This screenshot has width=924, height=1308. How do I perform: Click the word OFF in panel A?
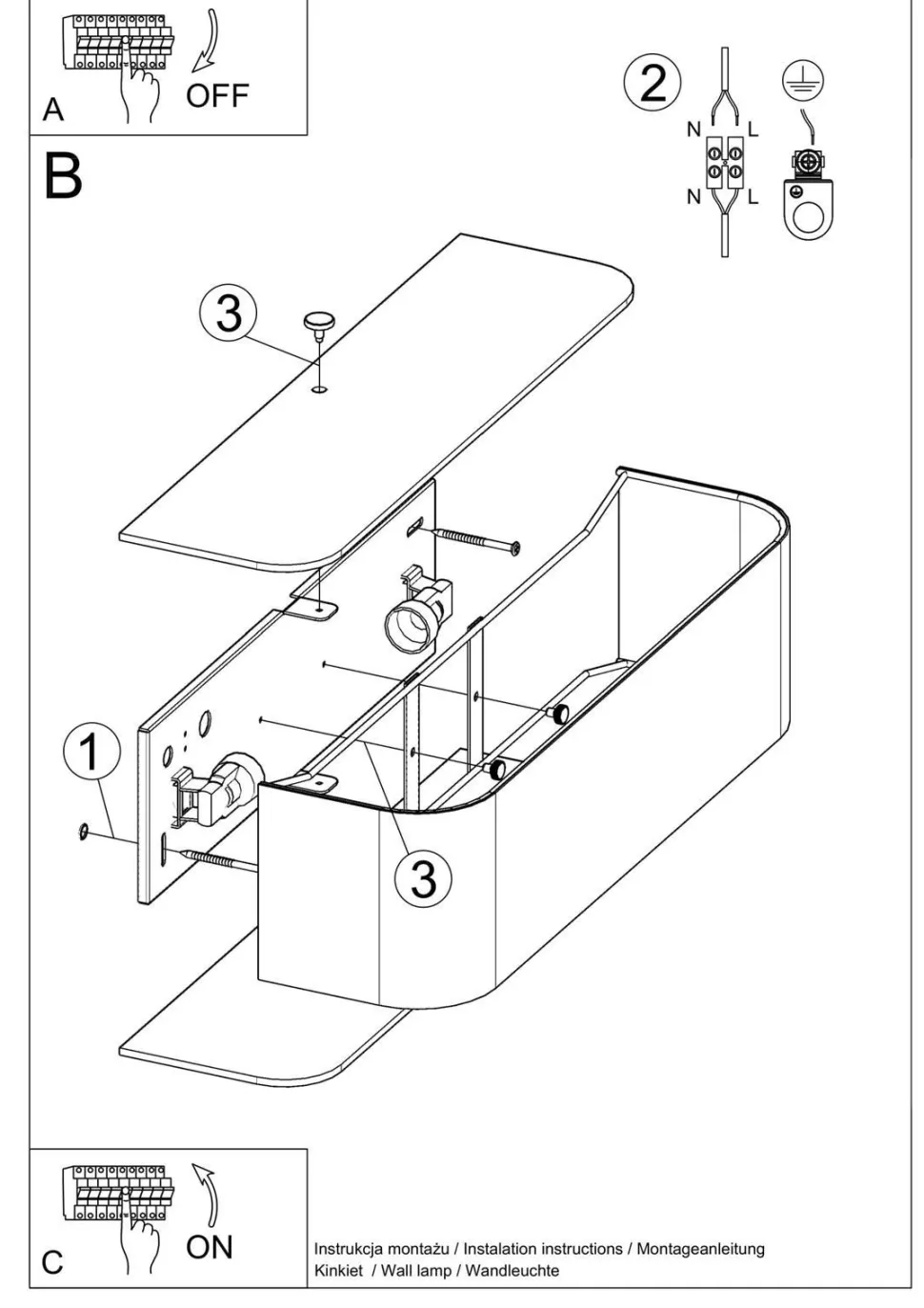217,96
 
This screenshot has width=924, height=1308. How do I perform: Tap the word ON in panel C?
210,1246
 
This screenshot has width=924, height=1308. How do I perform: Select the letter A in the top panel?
53,110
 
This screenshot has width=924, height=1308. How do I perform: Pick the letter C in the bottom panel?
53,1262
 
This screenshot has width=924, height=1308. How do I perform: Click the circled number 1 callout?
91,753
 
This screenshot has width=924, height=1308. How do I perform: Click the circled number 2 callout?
653,83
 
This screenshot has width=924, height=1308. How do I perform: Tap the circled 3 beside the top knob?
229,312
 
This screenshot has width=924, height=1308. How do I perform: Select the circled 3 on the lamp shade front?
423,877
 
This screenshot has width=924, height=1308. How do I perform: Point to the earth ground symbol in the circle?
802,82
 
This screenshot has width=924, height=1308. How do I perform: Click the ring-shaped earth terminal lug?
806,205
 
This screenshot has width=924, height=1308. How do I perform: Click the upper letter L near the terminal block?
753,130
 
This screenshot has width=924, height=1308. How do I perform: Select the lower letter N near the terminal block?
693,196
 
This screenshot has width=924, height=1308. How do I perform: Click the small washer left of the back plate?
83,834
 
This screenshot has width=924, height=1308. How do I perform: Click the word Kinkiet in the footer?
338,1270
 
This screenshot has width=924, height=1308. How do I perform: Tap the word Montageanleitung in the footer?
700,1248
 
